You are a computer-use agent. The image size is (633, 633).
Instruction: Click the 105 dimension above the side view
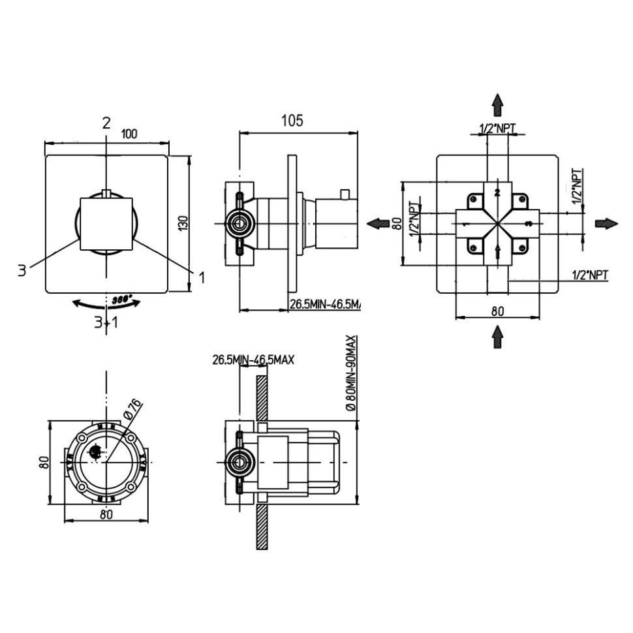point(292,121)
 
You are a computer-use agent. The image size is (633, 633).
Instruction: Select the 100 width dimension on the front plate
point(129,134)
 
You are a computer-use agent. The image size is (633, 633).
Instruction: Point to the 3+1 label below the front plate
point(106,322)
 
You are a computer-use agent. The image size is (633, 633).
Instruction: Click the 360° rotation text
point(121,300)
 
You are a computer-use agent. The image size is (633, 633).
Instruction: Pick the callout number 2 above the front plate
point(106,122)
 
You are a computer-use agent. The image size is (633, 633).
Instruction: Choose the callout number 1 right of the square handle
point(202,277)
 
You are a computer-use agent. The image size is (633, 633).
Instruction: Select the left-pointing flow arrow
point(378,223)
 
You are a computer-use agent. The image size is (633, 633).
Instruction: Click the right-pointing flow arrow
point(606,223)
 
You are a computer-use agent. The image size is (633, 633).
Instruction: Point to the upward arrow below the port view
point(497,336)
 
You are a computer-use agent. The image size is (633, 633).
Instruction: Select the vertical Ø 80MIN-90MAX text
point(352,373)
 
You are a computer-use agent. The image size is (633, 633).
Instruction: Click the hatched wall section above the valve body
point(262,398)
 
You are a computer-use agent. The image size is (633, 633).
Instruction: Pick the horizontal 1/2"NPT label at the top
point(497,129)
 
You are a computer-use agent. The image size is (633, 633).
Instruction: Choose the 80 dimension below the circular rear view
point(107,514)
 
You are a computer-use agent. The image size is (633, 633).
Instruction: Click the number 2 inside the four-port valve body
point(497,192)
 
